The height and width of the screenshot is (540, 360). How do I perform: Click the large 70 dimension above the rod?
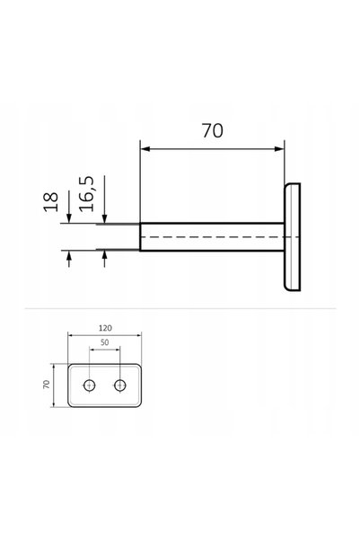212,131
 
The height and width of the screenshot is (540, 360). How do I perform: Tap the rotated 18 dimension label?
51,202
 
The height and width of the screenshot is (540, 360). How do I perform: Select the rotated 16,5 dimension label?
86,194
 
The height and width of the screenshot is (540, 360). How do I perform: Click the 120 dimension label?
105,328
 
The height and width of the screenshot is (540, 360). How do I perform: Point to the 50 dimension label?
105,342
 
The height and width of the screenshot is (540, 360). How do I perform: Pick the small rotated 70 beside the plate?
46,385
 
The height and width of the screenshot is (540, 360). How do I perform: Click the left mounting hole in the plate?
90,385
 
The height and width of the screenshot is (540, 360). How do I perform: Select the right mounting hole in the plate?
119,385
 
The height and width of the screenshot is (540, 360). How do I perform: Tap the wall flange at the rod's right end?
292,237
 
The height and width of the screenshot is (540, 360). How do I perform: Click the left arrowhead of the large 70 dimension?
145,149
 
